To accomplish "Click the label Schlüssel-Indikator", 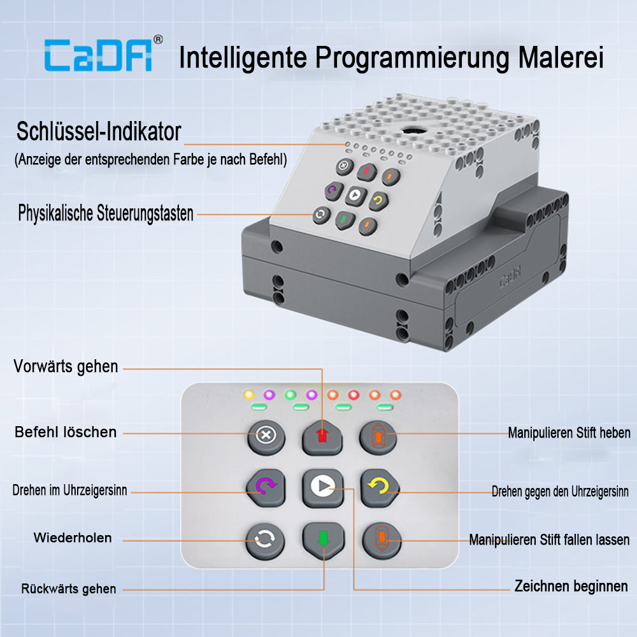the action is (x=99, y=132).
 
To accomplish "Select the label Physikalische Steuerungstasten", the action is (x=106, y=213).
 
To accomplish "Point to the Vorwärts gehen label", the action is (x=66, y=366).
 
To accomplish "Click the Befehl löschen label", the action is (x=66, y=432).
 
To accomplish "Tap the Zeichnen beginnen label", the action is (x=571, y=586).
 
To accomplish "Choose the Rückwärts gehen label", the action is (x=69, y=589).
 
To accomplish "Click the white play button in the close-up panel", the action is (x=323, y=487).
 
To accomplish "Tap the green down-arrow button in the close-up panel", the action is (x=324, y=540).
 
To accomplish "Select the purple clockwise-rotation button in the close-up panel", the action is (x=266, y=487).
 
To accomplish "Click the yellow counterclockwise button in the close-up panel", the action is (x=380, y=487).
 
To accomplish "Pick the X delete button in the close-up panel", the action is (x=266, y=437).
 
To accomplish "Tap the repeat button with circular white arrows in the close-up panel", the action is (x=265, y=541).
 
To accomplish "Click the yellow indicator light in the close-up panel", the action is (x=248, y=394).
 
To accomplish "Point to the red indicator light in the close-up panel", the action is (x=354, y=395).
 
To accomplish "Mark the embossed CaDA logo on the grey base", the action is (x=510, y=277).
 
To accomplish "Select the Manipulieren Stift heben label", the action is (x=569, y=433).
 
